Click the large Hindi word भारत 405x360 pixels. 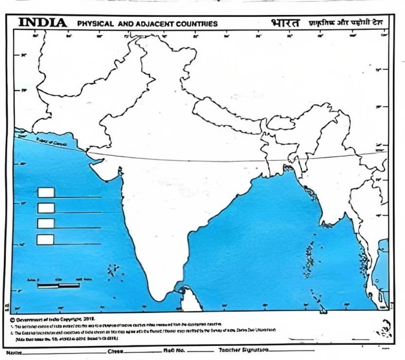pos(286,23)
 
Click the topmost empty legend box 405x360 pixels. pos(46,192)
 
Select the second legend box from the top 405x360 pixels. pos(46,208)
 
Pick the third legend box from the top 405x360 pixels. pos(46,223)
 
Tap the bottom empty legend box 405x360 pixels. pos(45,239)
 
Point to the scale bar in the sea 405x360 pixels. pos(58,284)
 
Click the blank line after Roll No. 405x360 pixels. pos(200,350)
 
